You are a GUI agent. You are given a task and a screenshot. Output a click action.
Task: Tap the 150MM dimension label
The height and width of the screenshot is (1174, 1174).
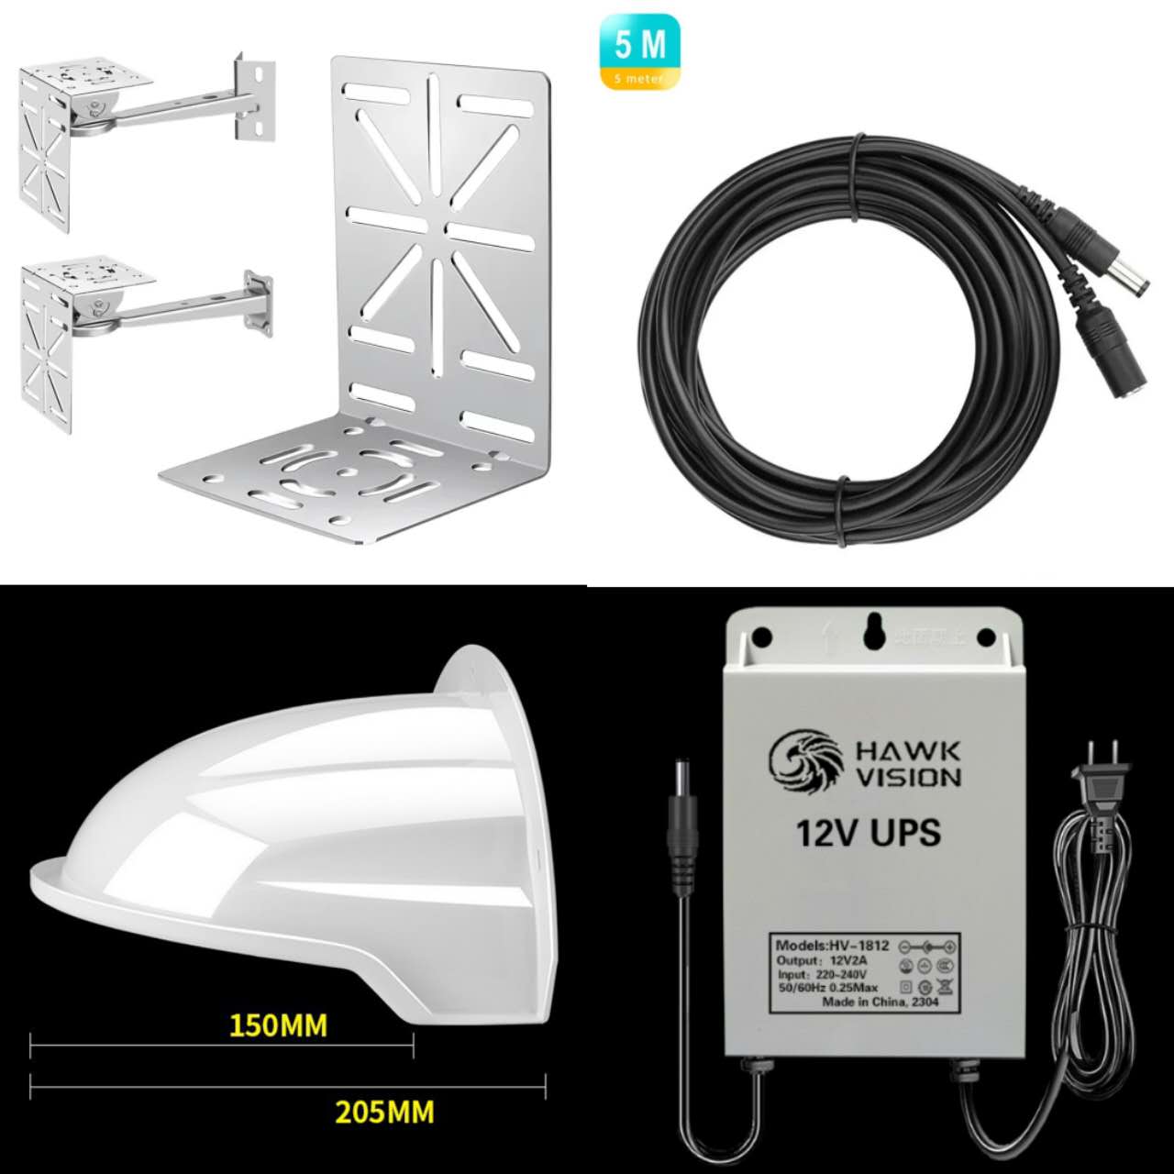point(278,1024)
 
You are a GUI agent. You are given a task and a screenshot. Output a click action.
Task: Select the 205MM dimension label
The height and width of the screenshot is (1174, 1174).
point(384,1112)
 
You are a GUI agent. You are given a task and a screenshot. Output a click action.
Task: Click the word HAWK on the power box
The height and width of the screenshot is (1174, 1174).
point(908,753)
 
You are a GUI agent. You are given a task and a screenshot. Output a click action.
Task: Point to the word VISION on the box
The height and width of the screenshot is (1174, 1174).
point(908,778)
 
